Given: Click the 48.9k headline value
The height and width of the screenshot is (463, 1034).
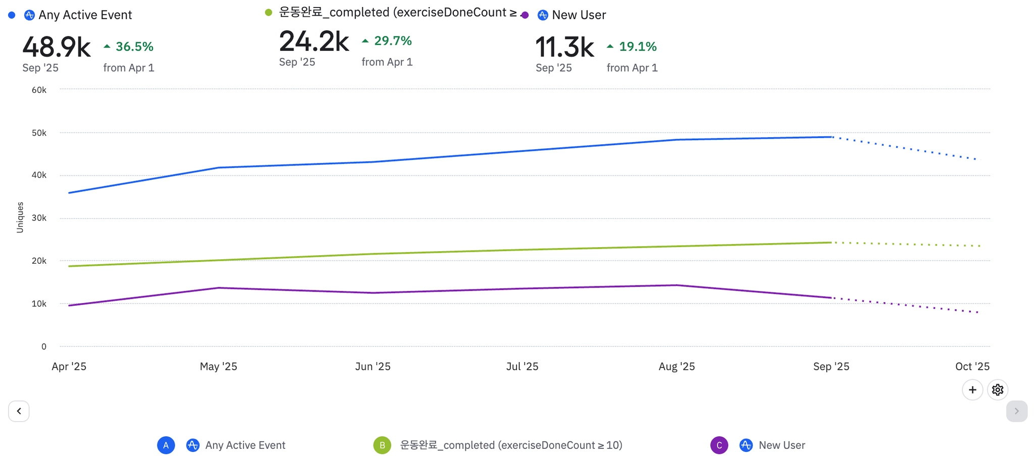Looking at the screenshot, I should click(x=57, y=47).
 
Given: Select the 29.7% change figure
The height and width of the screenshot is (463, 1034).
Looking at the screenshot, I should click(x=392, y=41).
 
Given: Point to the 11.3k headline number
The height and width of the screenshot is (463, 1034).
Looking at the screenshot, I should click(x=564, y=47).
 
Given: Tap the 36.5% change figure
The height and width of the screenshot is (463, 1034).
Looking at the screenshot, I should click(x=134, y=47).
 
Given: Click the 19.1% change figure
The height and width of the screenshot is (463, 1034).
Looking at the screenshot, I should click(x=638, y=47).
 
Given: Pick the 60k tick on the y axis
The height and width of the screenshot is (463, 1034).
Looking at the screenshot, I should click(x=39, y=90).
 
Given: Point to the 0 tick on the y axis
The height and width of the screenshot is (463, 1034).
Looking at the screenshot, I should click(x=44, y=347).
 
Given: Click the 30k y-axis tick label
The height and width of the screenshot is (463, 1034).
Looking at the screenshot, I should click(x=39, y=218).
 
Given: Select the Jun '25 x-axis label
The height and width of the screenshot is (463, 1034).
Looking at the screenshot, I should click(x=373, y=367).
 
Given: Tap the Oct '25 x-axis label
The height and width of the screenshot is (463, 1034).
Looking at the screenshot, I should click(x=972, y=367).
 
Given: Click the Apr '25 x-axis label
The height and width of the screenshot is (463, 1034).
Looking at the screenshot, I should click(x=69, y=367).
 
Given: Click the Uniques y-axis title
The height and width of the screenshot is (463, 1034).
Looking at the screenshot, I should click(x=20, y=217).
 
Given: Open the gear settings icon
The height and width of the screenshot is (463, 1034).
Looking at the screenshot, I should click(x=997, y=390).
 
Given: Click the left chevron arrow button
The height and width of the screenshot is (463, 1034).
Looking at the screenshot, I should click(x=19, y=411).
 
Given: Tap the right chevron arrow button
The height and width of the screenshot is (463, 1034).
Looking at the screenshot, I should click(x=1016, y=411).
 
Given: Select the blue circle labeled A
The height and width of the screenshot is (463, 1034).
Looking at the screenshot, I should click(x=166, y=445).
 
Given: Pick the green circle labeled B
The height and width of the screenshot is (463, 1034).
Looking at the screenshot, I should click(x=382, y=445).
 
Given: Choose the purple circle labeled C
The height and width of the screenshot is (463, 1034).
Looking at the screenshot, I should click(x=719, y=445).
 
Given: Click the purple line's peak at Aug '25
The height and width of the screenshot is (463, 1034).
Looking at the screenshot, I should click(x=677, y=285).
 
